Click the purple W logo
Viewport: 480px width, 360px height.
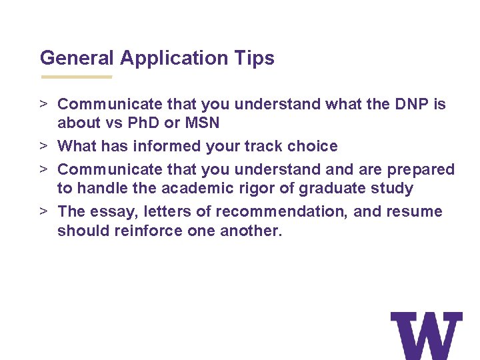(x=426, y=335)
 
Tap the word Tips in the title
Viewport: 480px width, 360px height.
(x=254, y=58)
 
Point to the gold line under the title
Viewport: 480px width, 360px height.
(x=76, y=77)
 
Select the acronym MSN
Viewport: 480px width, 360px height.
(x=204, y=123)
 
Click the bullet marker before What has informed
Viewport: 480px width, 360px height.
(x=43, y=146)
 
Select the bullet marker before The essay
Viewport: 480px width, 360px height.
(x=43, y=211)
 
